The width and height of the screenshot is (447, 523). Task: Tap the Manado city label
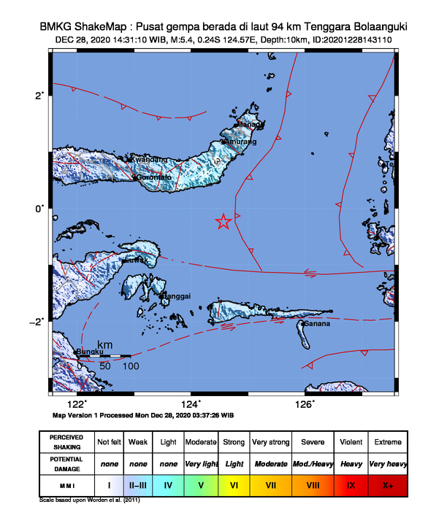pos(251,125)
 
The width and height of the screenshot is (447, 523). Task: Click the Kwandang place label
pos(149,160)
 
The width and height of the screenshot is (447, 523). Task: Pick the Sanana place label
pos(318,323)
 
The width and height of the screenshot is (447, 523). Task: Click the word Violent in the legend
pos(351,442)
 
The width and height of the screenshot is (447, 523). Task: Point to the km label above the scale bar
pos(105,344)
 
